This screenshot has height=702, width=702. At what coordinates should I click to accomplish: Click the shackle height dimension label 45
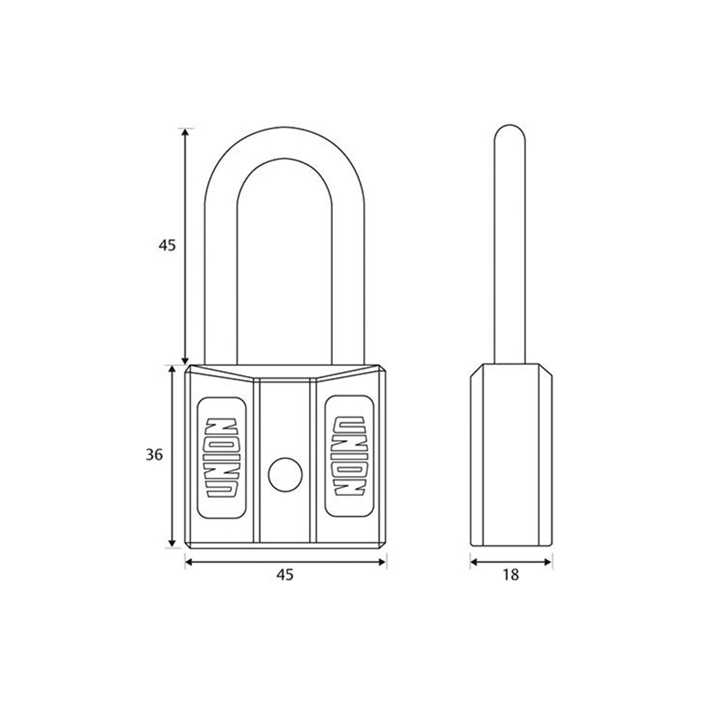pos(167,246)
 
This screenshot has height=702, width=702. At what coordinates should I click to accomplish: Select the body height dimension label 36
pos(154,455)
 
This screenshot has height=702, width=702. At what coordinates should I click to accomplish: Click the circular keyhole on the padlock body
pos(283,473)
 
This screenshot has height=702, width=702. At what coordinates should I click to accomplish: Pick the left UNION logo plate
pos(222,457)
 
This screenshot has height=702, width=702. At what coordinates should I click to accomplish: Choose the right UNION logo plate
pos(347,457)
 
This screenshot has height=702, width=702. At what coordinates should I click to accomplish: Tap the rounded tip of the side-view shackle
pos(510,132)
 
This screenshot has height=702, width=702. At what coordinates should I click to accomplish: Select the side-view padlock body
pos(511,456)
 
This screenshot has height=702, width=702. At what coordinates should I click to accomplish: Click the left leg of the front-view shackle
pos(220,281)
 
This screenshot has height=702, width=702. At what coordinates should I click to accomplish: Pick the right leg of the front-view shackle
pos(349,281)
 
